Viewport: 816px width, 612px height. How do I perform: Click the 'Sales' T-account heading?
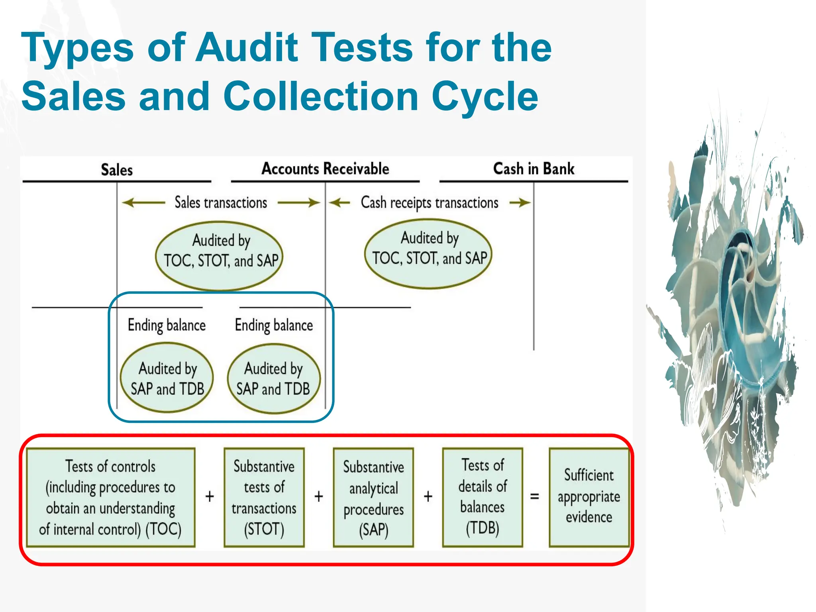click(116, 170)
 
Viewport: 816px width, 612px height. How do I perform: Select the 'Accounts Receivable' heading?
click(325, 169)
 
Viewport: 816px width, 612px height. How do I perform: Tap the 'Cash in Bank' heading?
click(534, 169)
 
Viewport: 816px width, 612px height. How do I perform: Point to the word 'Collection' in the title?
click(321, 96)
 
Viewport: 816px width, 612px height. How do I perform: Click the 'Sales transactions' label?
click(221, 203)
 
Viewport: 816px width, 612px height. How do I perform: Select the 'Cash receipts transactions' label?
click(430, 203)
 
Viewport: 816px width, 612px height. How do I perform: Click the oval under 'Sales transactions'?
click(219, 255)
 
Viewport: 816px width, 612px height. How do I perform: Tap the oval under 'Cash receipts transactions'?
click(429, 253)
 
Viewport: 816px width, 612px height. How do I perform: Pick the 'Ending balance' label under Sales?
click(167, 325)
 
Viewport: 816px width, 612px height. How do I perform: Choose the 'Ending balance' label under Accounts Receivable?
click(274, 325)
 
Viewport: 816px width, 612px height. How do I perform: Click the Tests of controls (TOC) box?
click(110, 497)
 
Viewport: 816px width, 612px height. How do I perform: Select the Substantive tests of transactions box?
click(264, 497)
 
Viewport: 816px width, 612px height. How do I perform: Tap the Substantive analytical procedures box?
click(373, 497)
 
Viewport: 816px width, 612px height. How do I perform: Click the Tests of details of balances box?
click(483, 497)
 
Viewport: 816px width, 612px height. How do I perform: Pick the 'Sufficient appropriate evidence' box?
click(589, 497)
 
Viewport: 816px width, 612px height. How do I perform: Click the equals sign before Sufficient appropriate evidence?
click(535, 496)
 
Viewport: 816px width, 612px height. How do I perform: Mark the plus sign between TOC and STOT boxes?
click(210, 496)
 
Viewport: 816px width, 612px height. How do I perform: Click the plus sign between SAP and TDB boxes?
click(428, 496)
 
